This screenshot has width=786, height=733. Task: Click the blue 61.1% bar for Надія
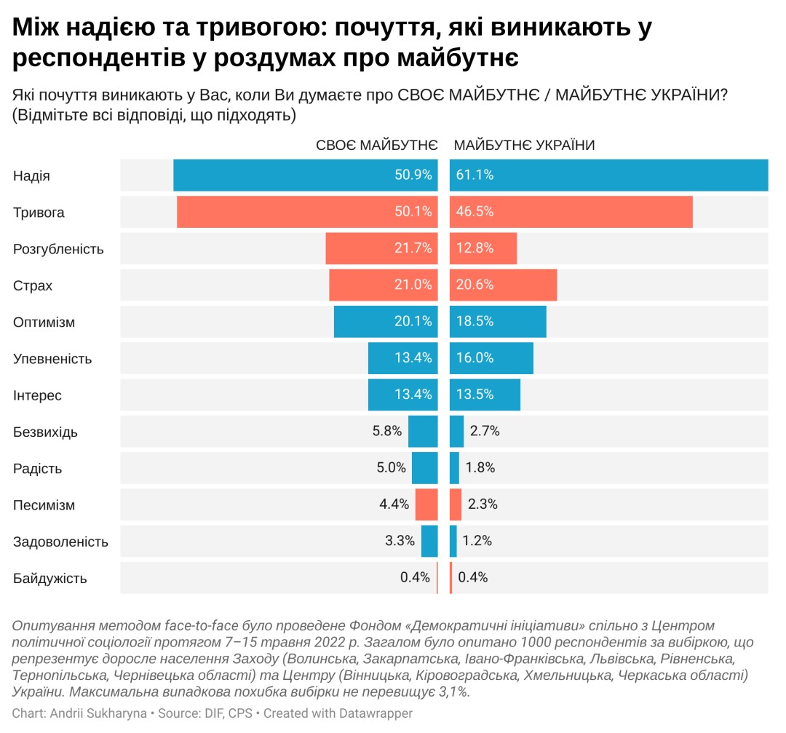pos(608,175)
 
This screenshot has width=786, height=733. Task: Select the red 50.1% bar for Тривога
pos(307,212)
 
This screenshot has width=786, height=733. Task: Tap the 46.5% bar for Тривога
pos(571,212)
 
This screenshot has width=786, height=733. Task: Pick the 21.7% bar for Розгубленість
pos(381,249)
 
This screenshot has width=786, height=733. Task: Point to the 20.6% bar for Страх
pos(504,285)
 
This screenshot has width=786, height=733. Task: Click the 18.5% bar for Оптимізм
pos(498,322)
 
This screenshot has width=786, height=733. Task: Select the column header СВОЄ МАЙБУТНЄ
pos(376,145)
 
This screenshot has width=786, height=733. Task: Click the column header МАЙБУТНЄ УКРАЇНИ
pos(524,145)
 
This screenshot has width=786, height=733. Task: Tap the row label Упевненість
pos(52,359)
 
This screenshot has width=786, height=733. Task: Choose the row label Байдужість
pos(50,579)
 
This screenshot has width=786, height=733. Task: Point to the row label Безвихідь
pos(45,432)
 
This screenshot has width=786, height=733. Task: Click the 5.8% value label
pos(387,431)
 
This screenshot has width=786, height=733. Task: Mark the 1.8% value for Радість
pos(480,468)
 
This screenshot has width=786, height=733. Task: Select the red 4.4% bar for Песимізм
pos(426,504)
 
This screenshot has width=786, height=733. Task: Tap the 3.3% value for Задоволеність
pos(400,541)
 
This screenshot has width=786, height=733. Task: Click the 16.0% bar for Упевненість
pos(491,358)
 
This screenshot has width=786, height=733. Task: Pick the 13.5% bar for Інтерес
pos(485,395)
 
